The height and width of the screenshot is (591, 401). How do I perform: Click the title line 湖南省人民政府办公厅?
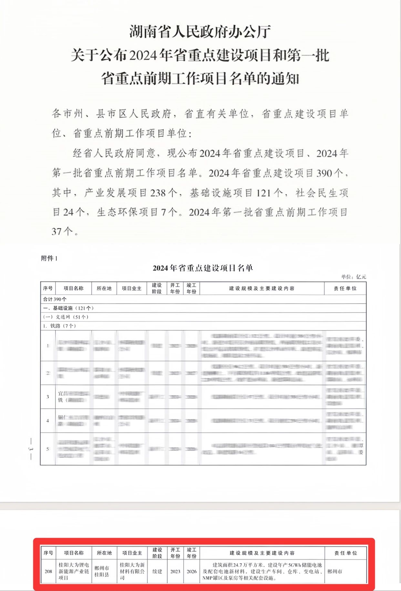[x=200, y=32]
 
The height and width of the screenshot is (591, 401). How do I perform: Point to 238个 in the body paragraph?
[x=164, y=193]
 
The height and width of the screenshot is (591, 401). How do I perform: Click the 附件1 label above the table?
[x=49, y=258]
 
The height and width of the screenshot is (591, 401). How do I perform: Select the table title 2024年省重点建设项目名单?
[x=203, y=268]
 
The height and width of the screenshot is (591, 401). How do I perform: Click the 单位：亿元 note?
[x=354, y=277]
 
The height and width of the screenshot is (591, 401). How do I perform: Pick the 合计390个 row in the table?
[x=55, y=299]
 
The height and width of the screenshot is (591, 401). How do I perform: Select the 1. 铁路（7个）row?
[x=59, y=326]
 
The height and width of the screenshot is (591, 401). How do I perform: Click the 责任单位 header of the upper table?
[x=345, y=288]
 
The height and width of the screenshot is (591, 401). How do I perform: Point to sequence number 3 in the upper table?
[x=48, y=397]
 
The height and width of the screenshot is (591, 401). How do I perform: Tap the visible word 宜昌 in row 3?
[x=63, y=393]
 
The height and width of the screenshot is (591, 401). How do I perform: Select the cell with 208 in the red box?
[x=48, y=571]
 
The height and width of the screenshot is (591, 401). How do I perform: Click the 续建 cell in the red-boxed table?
[x=157, y=571]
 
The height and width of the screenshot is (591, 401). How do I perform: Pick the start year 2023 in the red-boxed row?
[x=175, y=571]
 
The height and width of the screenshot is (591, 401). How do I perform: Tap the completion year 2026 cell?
[x=191, y=571]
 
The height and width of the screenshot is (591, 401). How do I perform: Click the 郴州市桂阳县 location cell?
[x=102, y=571]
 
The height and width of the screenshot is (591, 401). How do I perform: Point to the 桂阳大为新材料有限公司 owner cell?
[x=132, y=571]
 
